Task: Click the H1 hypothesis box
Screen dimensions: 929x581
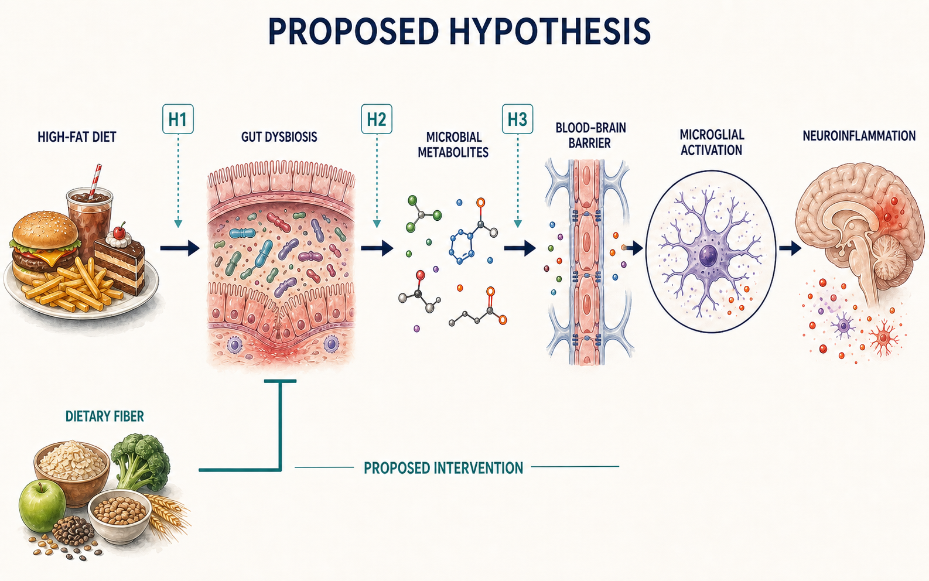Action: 178,119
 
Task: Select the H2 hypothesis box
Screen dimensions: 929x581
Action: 377,119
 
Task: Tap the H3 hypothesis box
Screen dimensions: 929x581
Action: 517,119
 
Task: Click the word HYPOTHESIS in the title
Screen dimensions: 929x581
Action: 551,31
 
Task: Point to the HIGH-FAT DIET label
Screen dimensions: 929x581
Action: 77,137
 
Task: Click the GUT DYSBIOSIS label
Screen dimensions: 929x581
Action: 279,137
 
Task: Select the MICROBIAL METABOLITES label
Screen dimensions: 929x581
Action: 453,144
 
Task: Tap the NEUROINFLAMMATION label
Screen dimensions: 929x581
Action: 859,136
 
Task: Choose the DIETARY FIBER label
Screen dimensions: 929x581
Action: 104,416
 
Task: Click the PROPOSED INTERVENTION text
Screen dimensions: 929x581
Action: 443,468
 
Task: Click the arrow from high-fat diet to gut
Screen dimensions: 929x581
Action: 180,248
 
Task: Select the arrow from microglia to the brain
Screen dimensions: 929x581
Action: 790,248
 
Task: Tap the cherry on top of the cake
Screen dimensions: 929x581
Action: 119,231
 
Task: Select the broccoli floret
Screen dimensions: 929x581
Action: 141,460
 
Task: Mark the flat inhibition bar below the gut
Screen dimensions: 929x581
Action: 281,381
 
